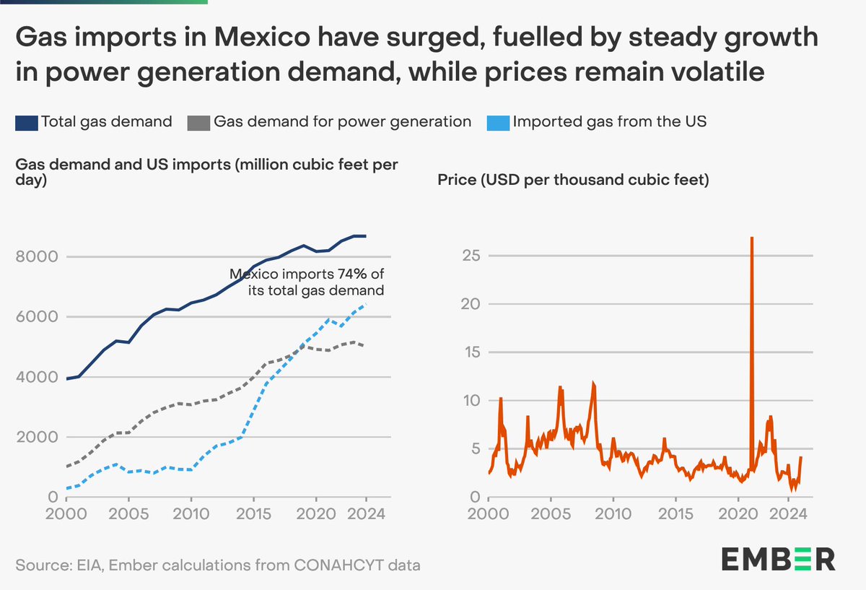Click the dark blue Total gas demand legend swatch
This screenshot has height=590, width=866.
point(27,122)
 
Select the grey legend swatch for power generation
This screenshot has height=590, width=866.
point(199,122)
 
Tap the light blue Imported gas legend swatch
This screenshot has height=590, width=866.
point(499,122)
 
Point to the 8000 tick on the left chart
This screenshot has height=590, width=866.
point(34,257)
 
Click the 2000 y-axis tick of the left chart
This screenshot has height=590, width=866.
point(34,438)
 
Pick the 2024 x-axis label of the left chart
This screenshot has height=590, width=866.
point(366,516)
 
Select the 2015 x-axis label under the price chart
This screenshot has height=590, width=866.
point(676,516)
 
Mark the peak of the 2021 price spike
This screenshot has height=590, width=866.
point(752,238)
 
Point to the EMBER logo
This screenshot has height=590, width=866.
point(778,559)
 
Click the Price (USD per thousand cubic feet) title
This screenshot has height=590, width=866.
point(573,180)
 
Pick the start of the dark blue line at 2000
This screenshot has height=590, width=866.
point(67,378)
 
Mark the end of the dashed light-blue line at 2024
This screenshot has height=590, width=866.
point(367,305)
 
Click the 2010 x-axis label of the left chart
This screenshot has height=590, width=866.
point(191,516)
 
